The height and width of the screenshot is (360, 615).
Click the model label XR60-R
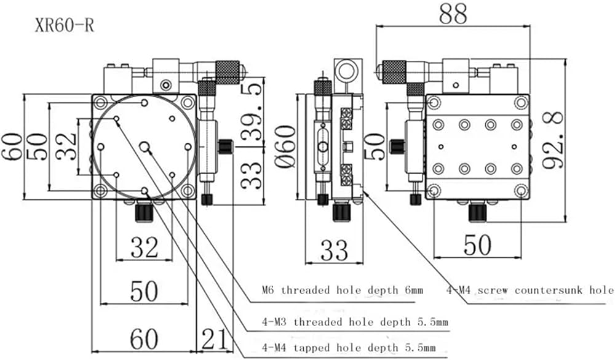(65, 25)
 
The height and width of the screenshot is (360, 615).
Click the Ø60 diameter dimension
(285, 147)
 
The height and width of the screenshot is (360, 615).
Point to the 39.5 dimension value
(252, 112)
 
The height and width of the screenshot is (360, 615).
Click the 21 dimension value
(214, 339)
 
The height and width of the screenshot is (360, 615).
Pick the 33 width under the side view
(334, 250)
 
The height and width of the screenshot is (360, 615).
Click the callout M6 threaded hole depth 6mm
(343, 290)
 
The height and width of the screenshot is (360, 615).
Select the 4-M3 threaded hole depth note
(355, 322)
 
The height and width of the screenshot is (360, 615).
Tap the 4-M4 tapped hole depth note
(349, 348)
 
